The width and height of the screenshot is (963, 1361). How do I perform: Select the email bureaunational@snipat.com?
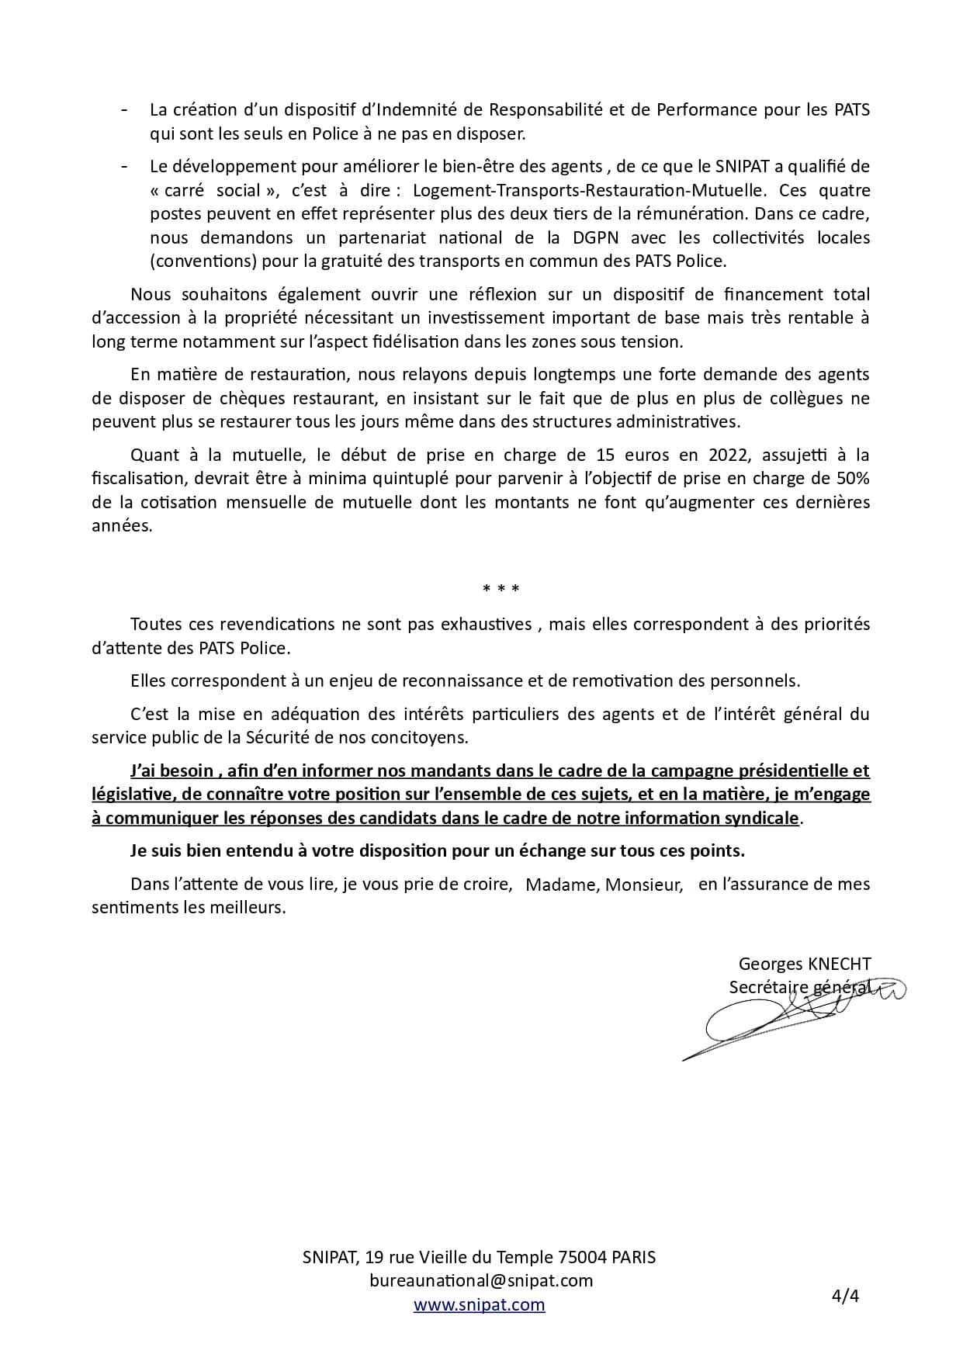481,1280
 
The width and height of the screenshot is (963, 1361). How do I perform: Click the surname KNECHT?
839,964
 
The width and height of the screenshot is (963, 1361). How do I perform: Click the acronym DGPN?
594,237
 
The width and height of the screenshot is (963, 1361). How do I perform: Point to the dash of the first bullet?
125,109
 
